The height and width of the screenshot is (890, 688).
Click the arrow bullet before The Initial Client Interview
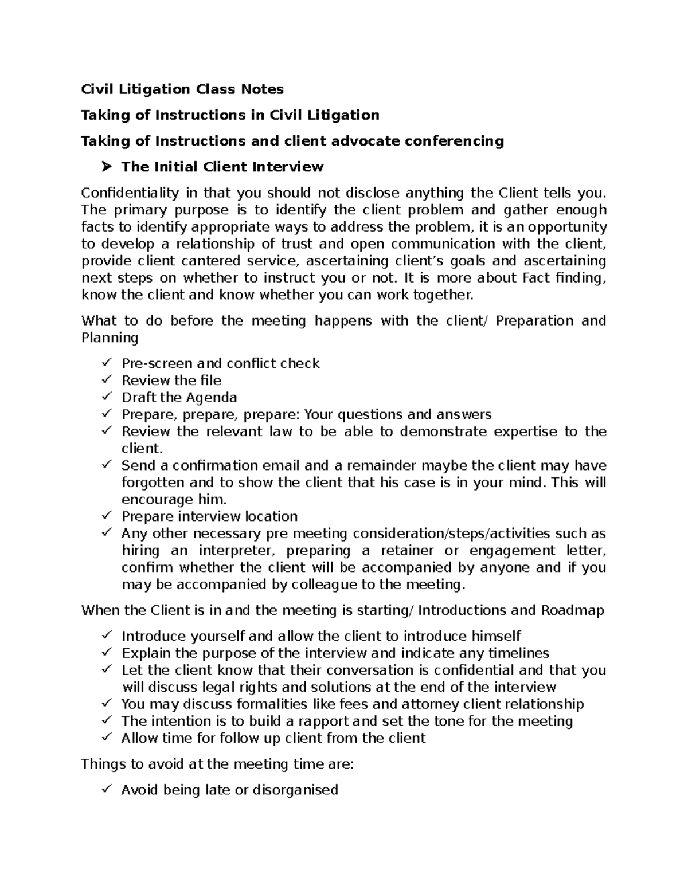106,167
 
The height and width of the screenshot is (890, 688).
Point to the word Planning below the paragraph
110,338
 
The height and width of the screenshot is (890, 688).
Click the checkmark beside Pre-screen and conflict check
106,363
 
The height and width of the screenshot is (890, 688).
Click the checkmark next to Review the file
106,380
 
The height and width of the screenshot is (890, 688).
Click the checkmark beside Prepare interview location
106,516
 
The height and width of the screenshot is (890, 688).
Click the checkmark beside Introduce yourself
106,636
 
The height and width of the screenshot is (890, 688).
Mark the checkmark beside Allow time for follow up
106,738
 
